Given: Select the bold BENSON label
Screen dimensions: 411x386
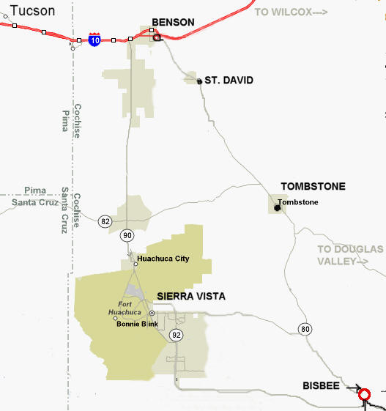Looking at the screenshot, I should (x=173, y=23).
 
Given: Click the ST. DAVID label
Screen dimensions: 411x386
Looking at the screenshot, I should (x=229, y=80).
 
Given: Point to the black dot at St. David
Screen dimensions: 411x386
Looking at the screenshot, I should (x=199, y=81).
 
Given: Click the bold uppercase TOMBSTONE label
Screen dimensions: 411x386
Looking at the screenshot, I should (x=313, y=187).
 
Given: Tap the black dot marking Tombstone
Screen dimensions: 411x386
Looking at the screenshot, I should (x=277, y=208).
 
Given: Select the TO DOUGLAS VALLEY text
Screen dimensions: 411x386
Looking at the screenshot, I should (x=350, y=255).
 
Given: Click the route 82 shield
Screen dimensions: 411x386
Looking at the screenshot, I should (x=105, y=221).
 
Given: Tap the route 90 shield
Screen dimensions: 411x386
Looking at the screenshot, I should (x=127, y=235).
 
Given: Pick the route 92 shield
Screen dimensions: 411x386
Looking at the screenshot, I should (x=176, y=335).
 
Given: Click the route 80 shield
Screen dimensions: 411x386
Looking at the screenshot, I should (x=305, y=329).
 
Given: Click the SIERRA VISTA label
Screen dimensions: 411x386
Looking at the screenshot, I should (x=191, y=296).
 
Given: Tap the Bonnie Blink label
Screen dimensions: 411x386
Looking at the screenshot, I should (x=137, y=324).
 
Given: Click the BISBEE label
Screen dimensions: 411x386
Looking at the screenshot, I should (x=321, y=385).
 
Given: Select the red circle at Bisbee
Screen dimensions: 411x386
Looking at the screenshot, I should (x=364, y=396).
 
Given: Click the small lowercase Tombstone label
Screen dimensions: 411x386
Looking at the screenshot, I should (x=298, y=201).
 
